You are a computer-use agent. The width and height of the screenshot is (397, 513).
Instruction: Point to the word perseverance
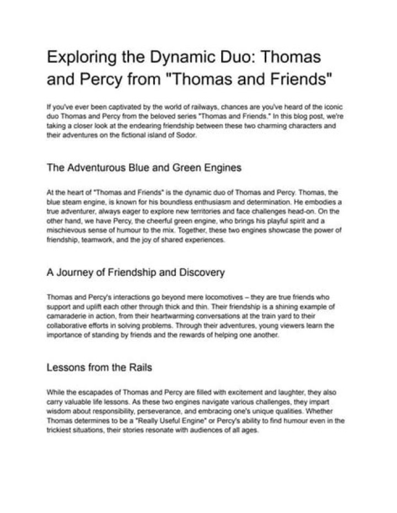(180, 411)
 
